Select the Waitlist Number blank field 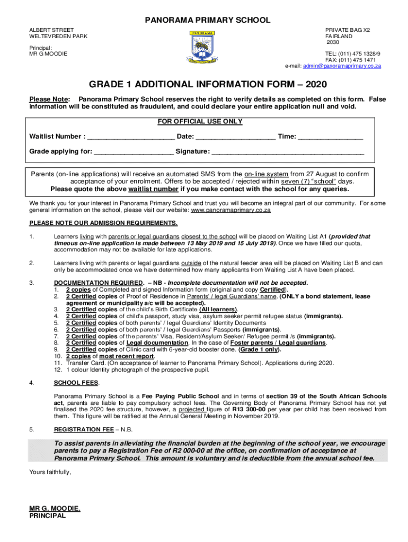click(130, 137)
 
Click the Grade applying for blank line click(133, 151)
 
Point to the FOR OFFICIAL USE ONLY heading click(200, 122)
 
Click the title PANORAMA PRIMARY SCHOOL click(204, 21)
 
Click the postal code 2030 click(333, 42)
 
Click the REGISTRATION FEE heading click(83, 430)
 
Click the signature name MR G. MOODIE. click(55, 509)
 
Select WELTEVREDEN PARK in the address click(58, 36)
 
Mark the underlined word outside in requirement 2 click(192, 263)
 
